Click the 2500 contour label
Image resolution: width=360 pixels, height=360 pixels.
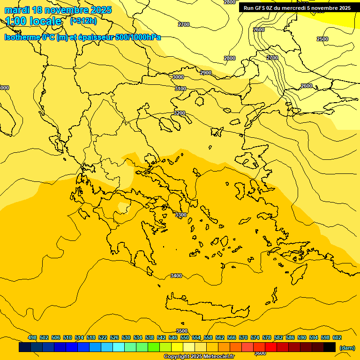(322, 39)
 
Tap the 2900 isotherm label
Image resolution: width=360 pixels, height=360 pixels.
(206, 73)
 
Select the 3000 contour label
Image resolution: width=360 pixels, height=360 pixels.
(178, 77)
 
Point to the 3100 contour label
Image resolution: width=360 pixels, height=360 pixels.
(180, 89)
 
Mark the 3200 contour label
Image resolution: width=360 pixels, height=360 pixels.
(180, 113)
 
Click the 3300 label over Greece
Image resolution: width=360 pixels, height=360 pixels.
(180, 215)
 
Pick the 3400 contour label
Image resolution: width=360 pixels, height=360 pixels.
(176, 276)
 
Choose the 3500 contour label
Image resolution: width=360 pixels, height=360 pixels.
(182, 331)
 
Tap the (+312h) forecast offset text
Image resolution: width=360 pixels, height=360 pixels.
(83, 21)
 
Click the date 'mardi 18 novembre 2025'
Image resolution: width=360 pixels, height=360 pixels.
(58, 10)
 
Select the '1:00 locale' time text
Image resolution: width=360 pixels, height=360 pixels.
(33, 21)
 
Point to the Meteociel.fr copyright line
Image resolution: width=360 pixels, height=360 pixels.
(199, 356)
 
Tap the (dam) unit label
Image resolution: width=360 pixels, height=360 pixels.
(347, 347)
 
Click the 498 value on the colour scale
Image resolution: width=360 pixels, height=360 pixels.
(32, 337)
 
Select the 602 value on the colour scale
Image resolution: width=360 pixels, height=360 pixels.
(337, 337)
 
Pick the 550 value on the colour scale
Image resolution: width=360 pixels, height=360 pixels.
(185, 337)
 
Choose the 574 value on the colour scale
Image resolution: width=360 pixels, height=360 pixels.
(255, 337)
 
